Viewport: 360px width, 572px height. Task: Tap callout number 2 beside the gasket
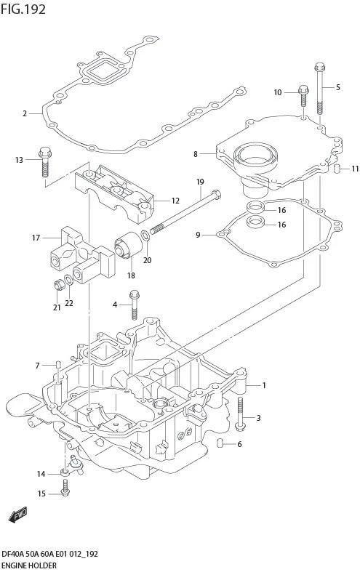tap(25, 113)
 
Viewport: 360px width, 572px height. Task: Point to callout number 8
tap(196, 154)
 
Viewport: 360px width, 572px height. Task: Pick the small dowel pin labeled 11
tap(338, 169)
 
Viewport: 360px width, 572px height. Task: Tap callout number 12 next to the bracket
tap(175, 201)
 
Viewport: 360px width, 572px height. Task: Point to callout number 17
tap(36, 237)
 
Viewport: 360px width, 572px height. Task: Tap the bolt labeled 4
tap(134, 304)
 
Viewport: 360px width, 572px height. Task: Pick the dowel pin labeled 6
tap(220, 444)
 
